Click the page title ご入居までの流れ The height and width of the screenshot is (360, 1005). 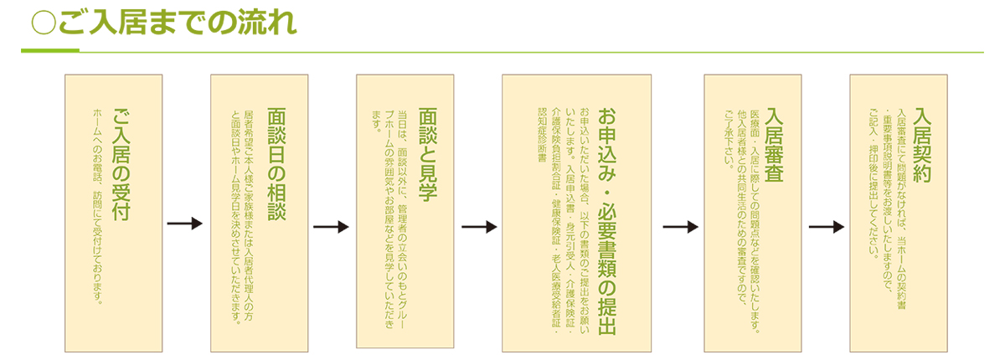click(x=176, y=24)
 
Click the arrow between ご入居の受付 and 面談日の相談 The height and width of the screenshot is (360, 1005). click(x=185, y=224)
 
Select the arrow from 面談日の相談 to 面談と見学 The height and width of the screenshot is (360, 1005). click(x=331, y=226)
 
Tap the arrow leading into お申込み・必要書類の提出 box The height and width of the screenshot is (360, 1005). click(x=479, y=226)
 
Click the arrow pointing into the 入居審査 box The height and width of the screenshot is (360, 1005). click(x=680, y=226)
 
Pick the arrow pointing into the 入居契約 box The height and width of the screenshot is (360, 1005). click(x=827, y=226)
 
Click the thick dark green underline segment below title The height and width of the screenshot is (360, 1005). click(x=50, y=52)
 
